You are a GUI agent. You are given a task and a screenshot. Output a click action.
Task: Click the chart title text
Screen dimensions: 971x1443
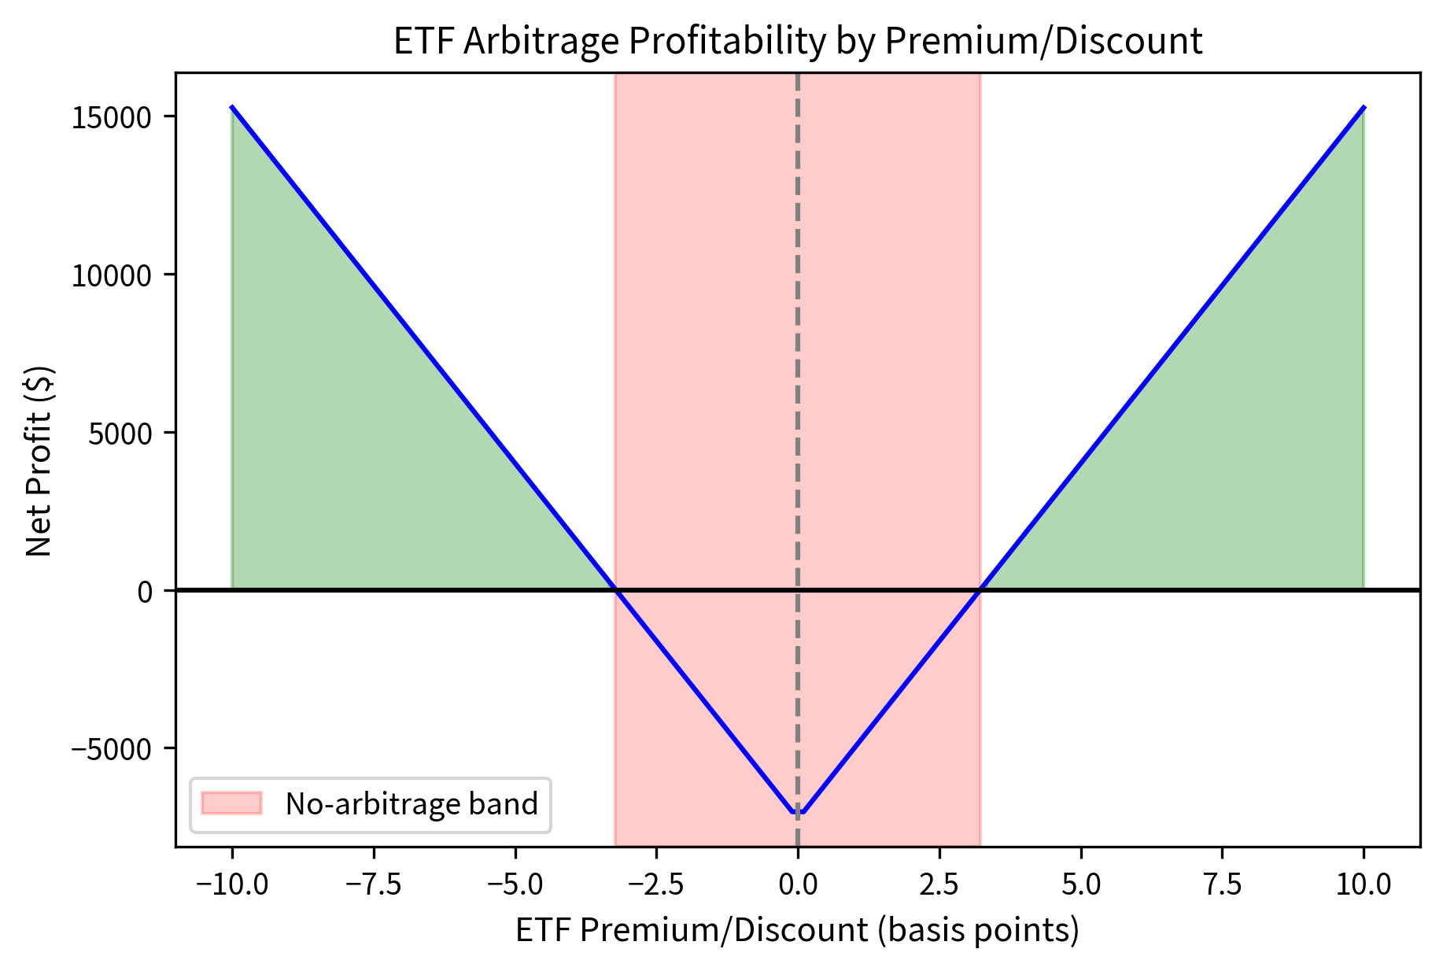click(x=797, y=41)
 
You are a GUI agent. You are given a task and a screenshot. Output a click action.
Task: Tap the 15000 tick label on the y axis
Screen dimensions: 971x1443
click(x=111, y=117)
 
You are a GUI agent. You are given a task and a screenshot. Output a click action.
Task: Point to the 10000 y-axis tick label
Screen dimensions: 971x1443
click(x=111, y=275)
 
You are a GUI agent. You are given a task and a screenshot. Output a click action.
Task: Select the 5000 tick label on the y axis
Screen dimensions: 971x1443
click(x=120, y=433)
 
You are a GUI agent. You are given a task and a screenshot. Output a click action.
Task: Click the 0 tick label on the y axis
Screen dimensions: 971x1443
click(x=145, y=591)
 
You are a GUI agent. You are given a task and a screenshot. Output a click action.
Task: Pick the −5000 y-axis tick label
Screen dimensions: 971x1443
click(x=111, y=748)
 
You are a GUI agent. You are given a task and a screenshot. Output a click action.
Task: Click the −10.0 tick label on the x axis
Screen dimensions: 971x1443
click(x=232, y=884)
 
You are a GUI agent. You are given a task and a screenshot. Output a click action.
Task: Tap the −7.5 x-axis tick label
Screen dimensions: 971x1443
click(x=373, y=884)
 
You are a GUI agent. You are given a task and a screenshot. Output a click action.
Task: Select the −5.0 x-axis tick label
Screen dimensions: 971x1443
click(x=515, y=884)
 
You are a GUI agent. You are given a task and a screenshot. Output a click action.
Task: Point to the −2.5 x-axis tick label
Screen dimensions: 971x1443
click(x=656, y=884)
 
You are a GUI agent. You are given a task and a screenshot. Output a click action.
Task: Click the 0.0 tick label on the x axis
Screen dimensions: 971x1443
click(x=798, y=884)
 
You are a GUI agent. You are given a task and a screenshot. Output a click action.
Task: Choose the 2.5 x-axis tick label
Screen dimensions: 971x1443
click(x=939, y=884)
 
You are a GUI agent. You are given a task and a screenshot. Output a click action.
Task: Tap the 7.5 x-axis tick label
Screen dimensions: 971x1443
click(x=1222, y=884)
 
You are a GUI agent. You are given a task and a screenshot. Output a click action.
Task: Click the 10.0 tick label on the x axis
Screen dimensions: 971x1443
click(x=1364, y=884)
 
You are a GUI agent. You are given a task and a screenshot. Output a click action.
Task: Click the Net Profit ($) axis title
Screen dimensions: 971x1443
click(x=39, y=460)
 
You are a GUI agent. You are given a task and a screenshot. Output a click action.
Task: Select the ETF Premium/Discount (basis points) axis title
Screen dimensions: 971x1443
click(x=797, y=931)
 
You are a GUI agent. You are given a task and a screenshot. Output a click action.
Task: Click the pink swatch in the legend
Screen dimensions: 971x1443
click(x=231, y=803)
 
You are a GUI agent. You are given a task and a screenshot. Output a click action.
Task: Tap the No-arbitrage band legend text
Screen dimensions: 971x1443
click(x=411, y=803)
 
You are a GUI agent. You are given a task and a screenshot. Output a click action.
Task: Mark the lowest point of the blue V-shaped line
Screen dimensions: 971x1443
click(x=798, y=812)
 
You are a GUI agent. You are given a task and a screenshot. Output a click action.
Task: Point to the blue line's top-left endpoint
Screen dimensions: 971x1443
click(x=232, y=107)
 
